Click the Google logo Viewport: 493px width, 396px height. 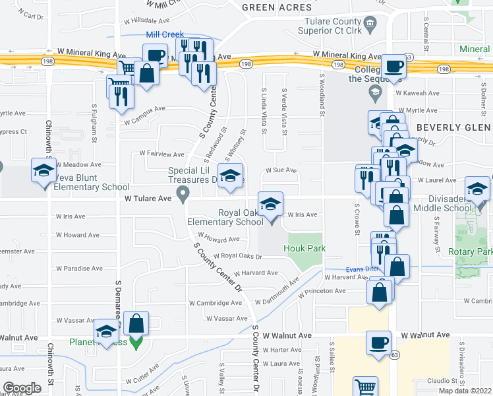22,388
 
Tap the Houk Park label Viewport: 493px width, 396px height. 304,248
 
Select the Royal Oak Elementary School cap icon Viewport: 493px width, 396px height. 270,206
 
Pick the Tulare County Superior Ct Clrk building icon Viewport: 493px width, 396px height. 369,24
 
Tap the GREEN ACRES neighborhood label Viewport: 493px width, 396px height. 276,7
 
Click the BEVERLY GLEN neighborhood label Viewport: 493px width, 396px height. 455,127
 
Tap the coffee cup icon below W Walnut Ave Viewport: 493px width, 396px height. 380,343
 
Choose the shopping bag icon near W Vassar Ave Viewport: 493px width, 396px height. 136,324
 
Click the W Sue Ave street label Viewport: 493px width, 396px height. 282,170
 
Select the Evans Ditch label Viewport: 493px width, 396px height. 362,269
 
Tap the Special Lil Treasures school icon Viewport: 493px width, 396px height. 229,176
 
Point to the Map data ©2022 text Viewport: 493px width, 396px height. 465,391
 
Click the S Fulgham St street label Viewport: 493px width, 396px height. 95,126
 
